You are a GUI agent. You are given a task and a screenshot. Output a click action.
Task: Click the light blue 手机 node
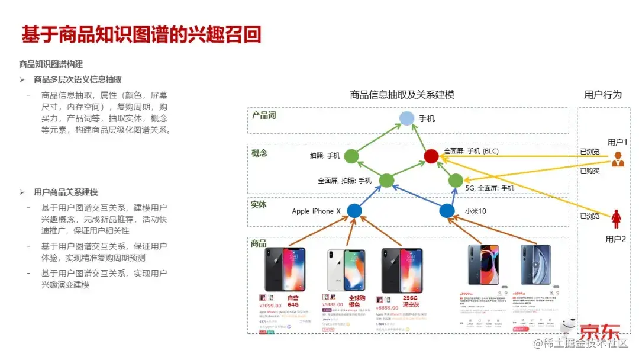click(x=406, y=118)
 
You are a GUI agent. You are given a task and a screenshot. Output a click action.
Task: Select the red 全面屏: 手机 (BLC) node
click(x=431, y=156)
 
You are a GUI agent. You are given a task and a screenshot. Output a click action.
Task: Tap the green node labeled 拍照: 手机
click(x=351, y=156)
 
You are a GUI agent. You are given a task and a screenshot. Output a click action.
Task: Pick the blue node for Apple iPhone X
click(x=354, y=210)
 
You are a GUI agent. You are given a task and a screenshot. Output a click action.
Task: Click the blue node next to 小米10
click(x=447, y=210)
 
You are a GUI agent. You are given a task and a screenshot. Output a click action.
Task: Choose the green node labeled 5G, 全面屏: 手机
click(x=456, y=181)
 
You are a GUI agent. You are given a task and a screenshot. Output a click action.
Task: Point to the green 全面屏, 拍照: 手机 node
click(x=386, y=181)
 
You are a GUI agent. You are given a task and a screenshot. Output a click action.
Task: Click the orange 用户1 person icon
click(x=618, y=159)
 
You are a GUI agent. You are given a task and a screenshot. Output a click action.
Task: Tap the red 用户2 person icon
click(x=617, y=218)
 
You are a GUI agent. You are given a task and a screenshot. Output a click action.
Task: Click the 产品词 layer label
click(x=264, y=115)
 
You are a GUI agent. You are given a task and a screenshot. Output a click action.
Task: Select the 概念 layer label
click(x=260, y=153)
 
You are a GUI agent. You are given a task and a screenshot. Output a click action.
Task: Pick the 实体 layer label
click(x=259, y=205)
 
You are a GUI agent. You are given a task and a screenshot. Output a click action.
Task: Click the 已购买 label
click(x=590, y=171)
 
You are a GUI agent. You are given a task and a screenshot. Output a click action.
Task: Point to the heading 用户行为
click(x=603, y=95)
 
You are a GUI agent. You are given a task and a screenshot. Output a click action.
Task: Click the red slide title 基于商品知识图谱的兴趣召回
click(x=141, y=35)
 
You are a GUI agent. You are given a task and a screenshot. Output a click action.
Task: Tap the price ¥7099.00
click(x=272, y=306)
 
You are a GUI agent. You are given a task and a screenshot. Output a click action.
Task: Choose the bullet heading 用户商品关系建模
click(x=66, y=192)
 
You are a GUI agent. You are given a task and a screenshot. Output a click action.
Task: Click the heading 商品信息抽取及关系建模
click(x=402, y=95)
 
